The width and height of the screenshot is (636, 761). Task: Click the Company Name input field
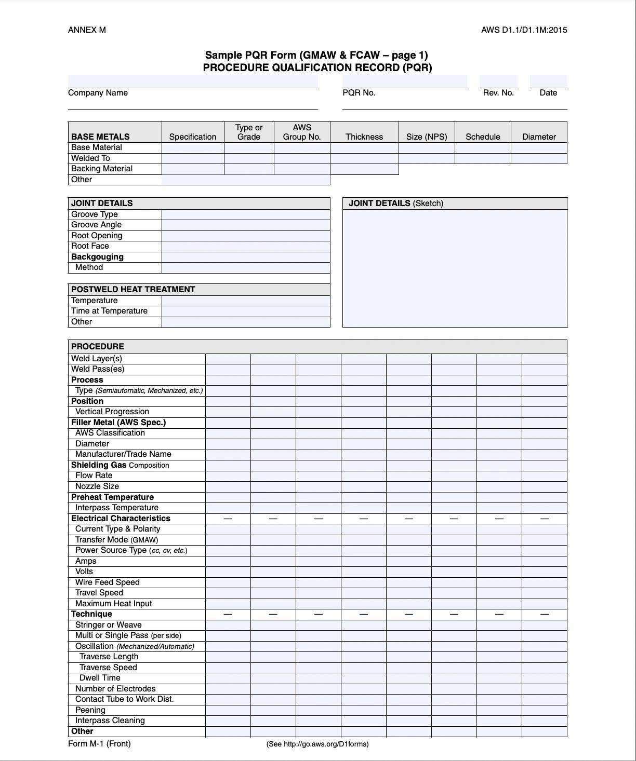tap(193, 81)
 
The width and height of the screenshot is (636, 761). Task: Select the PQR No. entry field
tap(404, 81)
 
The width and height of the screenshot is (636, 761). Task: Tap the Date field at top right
tap(548, 81)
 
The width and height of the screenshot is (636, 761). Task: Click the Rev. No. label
tap(498, 93)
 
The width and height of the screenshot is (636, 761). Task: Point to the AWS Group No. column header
tap(302, 132)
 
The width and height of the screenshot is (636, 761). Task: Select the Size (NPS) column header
tap(427, 137)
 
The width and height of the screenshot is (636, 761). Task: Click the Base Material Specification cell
tap(193, 148)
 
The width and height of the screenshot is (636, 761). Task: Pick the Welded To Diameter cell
tap(539, 158)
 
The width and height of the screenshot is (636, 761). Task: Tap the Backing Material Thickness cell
tap(364, 169)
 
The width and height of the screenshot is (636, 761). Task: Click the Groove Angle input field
tap(246, 225)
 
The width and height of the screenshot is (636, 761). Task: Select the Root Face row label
tap(90, 247)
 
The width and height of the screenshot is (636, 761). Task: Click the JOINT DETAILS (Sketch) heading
tap(396, 203)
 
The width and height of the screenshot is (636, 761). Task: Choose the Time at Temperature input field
tap(246, 311)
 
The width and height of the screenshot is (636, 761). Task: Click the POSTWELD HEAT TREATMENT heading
tap(133, 290)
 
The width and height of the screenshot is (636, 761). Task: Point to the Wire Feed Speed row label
tap(108, 582)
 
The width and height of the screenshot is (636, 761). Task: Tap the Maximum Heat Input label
tap(114, 604)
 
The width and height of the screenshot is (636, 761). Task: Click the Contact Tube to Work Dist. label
tap(125, 699)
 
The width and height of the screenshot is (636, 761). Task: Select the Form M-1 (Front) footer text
tap(99, 744)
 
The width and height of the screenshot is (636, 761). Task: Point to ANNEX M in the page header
tap(87, 30)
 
